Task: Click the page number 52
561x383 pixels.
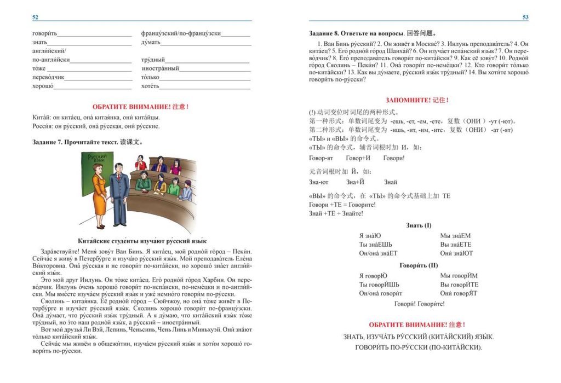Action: tap(35, 18)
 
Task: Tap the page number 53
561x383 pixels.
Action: tap(525, 18)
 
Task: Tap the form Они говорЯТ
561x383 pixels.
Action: tap(459, 293)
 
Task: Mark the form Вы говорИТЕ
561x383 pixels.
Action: tap(459, 285)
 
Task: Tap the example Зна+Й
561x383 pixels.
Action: tap(356, 182)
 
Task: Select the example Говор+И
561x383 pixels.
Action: tap(358, 158)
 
